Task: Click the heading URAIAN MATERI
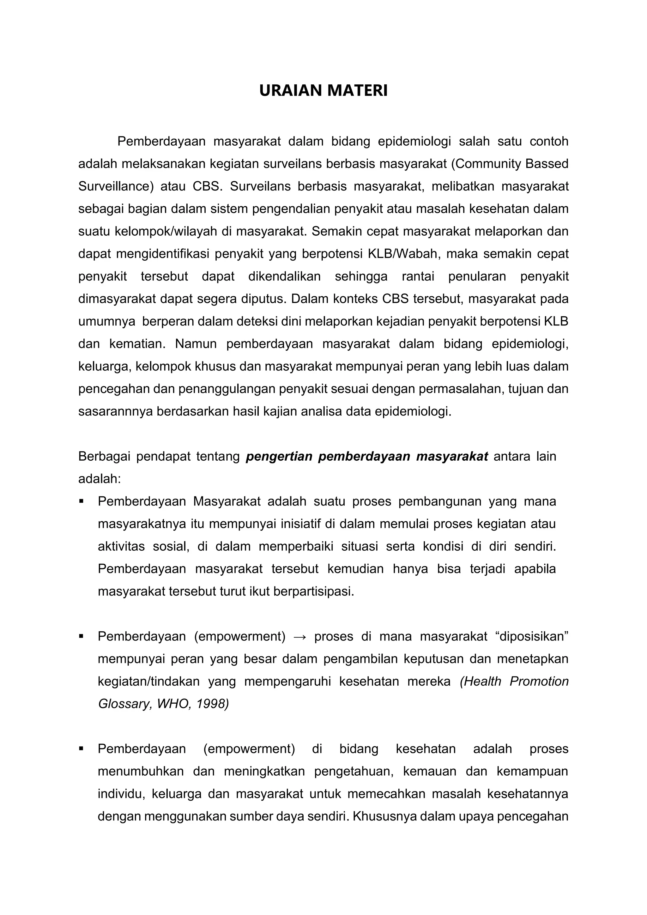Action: click(x=323, y=91)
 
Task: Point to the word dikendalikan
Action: click(x=284, y=276)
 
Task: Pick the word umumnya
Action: click(x=106, y=322)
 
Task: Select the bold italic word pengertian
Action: click(x=279, y=456)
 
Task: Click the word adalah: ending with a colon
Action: click(x=99, y=479)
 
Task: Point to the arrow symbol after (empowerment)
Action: click(x=299, y=637)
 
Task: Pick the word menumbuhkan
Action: click(x=141, y=771)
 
